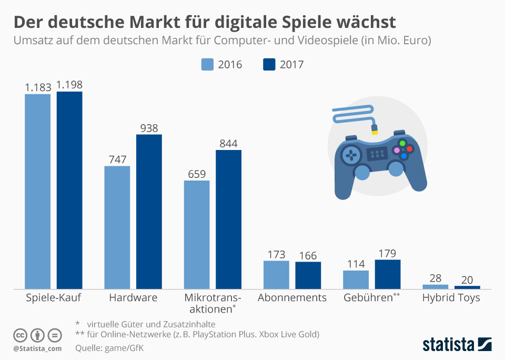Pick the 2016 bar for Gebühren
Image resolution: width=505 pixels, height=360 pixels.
tap(356, 279)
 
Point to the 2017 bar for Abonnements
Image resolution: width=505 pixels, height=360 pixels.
tap(308, 275)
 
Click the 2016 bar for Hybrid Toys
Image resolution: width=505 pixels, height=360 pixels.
tap(436, 286)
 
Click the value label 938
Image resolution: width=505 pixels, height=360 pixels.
tap(149, 127)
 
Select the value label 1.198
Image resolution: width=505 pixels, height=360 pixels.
tap(69, 85)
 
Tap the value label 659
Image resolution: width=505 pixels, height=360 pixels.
tap(197, 174)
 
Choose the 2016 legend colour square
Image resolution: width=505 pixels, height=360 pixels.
tap(208, 64)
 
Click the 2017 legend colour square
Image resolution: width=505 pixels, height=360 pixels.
tap(269, 64)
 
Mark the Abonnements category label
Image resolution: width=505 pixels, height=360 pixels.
tap(292, 298)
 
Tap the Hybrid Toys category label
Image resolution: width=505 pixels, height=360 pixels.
tap(451, 298)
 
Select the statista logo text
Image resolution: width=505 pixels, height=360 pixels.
tap(448, 345)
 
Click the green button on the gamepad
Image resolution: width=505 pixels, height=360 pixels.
tap(402, 143)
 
